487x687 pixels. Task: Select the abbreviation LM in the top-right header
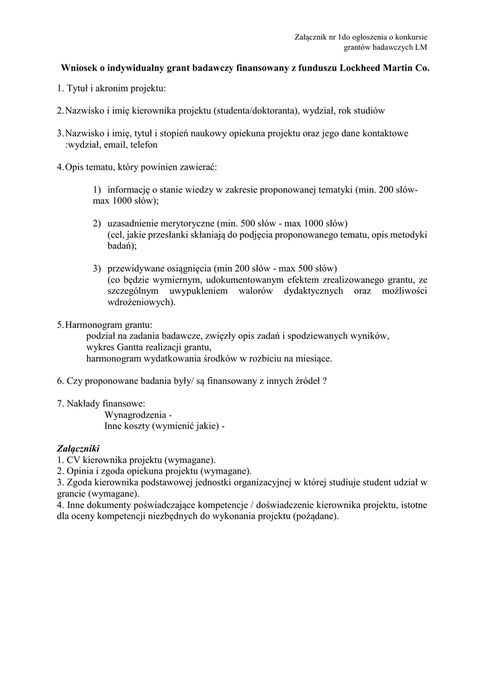[421, 47]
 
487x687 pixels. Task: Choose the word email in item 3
[115, 144]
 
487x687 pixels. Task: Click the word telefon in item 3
[144, 144]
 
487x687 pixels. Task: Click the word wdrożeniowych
[138, 302]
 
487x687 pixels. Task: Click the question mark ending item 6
[324, 381]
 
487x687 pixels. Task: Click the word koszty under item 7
[137, 426]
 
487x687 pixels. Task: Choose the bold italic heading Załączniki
[77, 448]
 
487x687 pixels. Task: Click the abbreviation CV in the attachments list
[73, 460]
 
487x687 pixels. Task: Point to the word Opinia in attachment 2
[79, 471]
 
